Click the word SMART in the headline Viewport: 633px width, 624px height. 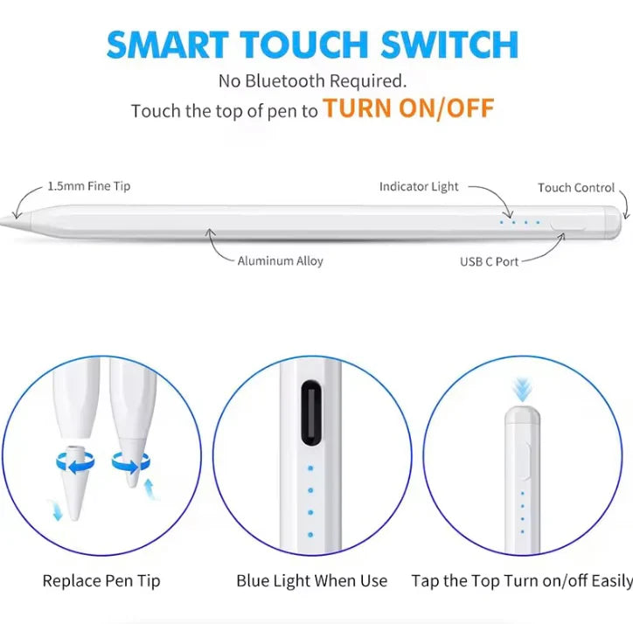pos(167,45)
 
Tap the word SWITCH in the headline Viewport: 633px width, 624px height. pos(449,45)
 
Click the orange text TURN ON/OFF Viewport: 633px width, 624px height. pos(408,108)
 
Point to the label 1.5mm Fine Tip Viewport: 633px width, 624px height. pos(89,186)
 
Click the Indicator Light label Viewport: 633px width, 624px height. pos(419,186)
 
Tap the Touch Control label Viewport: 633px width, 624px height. pos(576,188)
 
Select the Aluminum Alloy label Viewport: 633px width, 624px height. pos(280,260)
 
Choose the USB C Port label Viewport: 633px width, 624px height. pos(489,261)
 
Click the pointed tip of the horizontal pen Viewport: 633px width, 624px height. pos(1,221)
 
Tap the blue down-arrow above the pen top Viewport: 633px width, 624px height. pos(522,390)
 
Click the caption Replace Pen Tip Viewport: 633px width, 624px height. pos(101,581)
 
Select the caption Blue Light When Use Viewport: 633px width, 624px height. pos(311,581)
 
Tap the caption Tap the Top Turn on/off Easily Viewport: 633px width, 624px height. pos(522,581)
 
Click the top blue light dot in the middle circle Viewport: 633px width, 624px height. pos(310,468)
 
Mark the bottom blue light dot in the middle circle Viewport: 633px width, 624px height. pos(310,535)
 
